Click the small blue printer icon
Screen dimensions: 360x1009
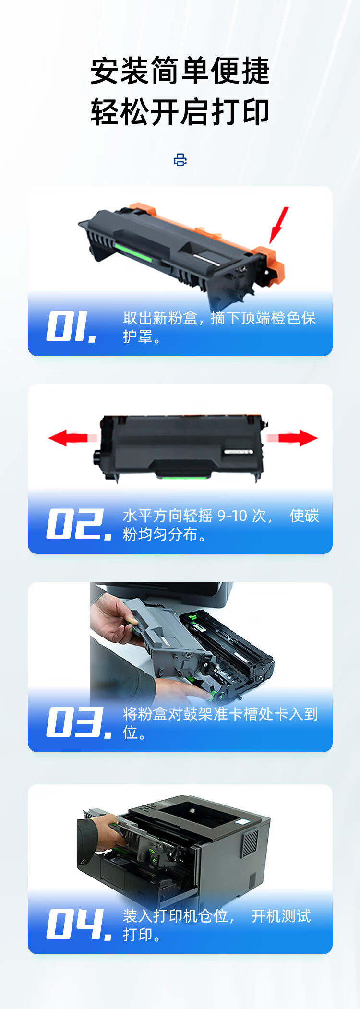[x=180, y=160]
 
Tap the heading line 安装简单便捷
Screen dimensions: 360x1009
[x=180, y=71]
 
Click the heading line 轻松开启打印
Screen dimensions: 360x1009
[x=180, y=112]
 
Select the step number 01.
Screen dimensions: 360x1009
[x=72, y=326]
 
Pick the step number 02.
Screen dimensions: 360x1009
[x=79, y=524]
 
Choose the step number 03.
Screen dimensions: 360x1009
[x=79, y=722]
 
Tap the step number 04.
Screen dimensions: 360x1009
[x=79, y=924]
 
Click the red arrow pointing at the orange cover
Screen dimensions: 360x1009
[x=279, y=225]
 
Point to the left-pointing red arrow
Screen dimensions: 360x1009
[x=73, y=438]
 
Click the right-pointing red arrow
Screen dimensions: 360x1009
[x=292, y=438]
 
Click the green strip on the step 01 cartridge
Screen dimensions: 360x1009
[x=132, y=252]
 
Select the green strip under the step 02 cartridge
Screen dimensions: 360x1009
[x=183, y=476]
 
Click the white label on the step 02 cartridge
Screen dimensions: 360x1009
[x=238, y=452]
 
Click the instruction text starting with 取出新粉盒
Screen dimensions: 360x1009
[x=219, y=327]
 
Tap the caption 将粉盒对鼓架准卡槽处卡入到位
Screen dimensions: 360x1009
[x=220, y=723]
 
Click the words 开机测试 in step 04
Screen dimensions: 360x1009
[x=281, y=916]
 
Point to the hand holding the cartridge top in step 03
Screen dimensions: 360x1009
[x=114, y=620]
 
